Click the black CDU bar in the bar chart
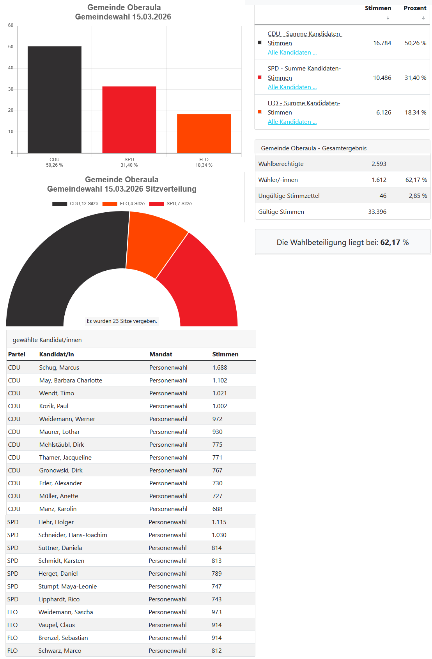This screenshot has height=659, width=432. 55,100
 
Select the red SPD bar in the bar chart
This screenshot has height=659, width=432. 129,120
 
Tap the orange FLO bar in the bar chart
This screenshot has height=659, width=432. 204,134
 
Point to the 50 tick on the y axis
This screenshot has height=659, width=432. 11,47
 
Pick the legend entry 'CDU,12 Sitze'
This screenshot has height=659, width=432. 76,204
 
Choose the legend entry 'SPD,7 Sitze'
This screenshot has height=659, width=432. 171,204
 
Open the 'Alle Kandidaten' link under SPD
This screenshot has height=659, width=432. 292,87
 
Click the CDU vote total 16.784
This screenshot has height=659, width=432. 382,43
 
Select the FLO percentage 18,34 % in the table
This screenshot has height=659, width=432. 415,113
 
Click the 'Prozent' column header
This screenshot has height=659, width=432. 415,8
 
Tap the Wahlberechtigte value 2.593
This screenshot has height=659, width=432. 379,164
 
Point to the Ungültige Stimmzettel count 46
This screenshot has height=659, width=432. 383,196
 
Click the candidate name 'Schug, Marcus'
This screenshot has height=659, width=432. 59,368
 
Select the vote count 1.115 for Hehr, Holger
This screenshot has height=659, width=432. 219,522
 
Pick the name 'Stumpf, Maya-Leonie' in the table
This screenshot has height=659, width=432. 67,587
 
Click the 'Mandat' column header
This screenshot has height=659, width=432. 161,354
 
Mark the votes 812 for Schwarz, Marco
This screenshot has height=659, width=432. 216,651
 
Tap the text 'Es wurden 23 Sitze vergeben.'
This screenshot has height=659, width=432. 122,321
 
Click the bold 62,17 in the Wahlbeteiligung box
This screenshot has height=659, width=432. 390,243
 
